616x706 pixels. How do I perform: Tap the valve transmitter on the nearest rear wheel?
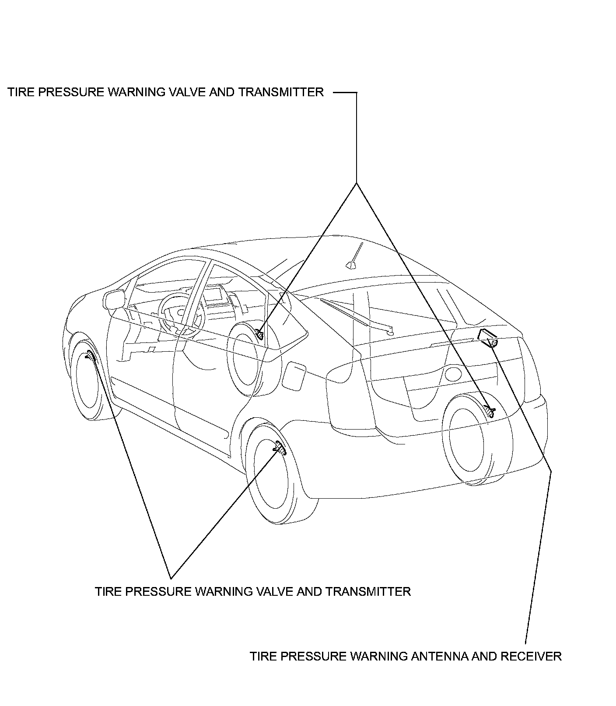(x=279, y=447)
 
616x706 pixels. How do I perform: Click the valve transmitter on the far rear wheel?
(x=490, y=411)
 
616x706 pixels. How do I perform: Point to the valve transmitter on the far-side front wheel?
(x=259, y=335)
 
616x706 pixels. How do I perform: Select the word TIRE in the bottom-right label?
(x=261, y=656)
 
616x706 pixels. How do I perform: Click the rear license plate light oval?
(x=453, y=374)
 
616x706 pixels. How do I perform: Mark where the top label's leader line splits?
(x=357, y=182)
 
